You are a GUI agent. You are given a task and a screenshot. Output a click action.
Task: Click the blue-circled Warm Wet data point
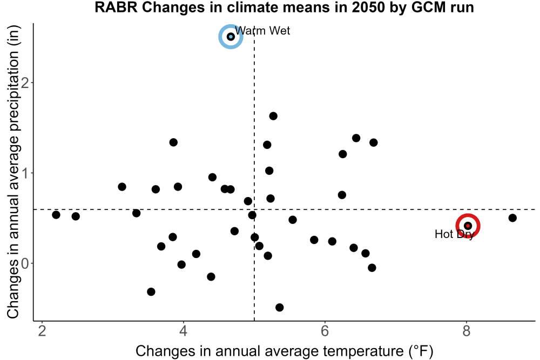(231, 37)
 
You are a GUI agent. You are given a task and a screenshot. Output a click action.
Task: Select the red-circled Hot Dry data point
(468, 226)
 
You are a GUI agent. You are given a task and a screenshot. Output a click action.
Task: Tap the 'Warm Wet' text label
(262, 31)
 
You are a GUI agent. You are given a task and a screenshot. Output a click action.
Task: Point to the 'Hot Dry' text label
(455, 234)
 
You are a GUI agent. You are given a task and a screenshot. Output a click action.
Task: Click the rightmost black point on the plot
(512, 218)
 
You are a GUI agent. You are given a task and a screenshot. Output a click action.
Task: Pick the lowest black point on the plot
(280, 307)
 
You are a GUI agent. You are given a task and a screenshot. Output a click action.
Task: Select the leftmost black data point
(56, 215)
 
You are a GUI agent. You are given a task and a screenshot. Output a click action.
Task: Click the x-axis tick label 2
(42, 331)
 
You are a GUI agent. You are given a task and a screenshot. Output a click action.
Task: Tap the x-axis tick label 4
(183, 331)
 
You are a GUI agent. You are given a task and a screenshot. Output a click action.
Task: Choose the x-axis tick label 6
(325, 331)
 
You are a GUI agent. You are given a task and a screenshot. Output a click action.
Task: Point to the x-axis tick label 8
(467, 331)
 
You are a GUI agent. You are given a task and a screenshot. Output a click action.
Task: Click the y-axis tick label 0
(25, 263)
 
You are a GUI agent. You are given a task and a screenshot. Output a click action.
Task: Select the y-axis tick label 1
(25, 173)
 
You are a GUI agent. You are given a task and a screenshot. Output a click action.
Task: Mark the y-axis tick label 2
(25, 83)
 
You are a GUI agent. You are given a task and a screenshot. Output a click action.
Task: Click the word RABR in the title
(116, 8)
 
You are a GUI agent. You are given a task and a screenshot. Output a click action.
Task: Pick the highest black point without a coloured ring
(273, 116)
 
